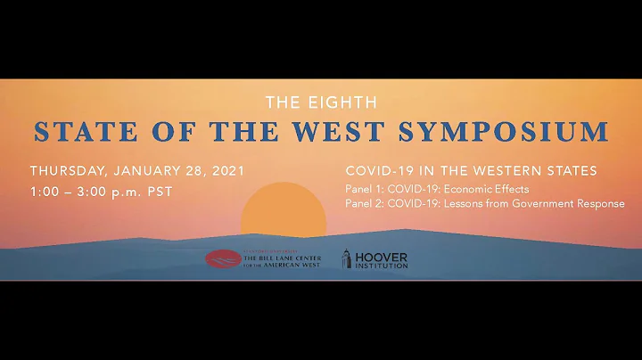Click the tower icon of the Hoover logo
click(x=346, y=259)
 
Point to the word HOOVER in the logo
click(x=381, y=256)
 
